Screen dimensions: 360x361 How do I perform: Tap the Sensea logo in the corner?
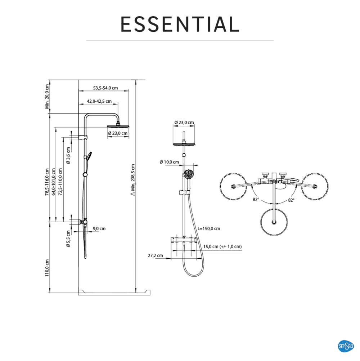coord(346,346)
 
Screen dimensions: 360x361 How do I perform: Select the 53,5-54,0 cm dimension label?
coord(105,88)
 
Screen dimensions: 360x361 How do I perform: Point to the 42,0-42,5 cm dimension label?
coord(99,101)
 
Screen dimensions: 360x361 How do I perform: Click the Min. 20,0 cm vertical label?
coord(47,97)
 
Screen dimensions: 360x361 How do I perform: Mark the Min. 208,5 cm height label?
coord(133,180)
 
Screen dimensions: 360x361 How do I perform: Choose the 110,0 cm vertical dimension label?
coord(47,268)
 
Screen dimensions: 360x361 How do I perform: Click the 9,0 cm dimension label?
coord(99,229)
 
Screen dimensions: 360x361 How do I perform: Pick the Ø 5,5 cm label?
coord(68,239)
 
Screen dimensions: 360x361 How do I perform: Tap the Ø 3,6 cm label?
coord(68,156)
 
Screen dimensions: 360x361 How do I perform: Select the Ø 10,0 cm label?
coord(169,162)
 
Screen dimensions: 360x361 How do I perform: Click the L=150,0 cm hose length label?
coord(209,229)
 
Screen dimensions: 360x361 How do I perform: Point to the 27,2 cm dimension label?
coord(155,255)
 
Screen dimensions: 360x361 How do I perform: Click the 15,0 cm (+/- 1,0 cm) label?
coord(222,246)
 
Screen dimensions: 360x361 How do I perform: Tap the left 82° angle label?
coord(256,200)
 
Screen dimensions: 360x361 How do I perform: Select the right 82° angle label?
coord(291,200)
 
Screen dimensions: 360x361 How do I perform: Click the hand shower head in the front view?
coord(189,174)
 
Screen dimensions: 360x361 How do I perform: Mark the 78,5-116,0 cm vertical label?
coord(47,182)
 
